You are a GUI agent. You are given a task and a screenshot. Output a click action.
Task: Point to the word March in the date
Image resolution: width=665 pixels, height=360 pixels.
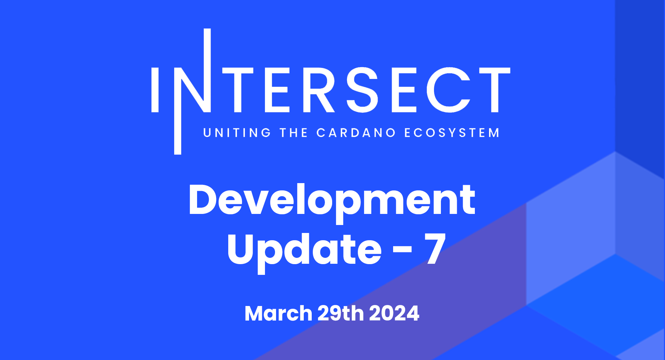(278, 313)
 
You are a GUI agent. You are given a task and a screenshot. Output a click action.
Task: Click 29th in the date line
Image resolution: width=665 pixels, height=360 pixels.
(340, 313)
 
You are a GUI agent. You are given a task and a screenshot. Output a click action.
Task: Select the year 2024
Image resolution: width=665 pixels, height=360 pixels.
(394, 313)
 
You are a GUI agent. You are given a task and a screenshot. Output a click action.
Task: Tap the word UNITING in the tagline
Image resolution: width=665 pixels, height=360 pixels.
(237, 133)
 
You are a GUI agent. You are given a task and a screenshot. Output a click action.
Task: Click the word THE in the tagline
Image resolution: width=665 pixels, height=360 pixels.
(294, 133)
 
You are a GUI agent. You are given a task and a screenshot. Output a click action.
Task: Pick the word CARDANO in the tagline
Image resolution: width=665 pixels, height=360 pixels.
(356, 133)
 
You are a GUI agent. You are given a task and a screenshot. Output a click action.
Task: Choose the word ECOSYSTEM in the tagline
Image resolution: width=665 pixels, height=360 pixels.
(452, 133)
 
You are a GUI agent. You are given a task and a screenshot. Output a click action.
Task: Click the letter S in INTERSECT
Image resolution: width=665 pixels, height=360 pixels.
(362, 90)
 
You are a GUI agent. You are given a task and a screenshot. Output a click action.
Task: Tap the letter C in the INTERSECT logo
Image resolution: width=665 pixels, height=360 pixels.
(449, 90)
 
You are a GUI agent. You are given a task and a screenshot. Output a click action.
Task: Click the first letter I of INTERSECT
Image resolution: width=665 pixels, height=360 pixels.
(155, 90)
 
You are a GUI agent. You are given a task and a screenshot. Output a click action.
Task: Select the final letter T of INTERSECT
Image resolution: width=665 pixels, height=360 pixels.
(495, 90)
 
